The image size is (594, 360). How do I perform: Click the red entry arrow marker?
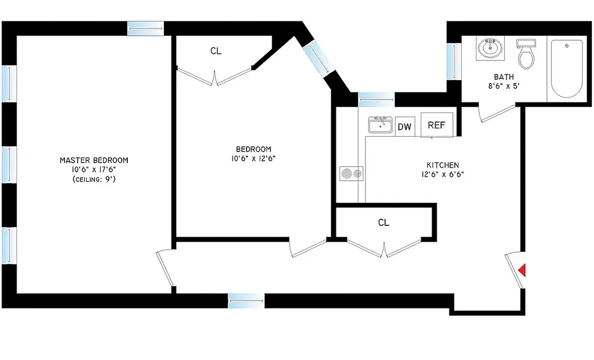[522, 270]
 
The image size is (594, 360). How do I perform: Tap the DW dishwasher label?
[405, 127]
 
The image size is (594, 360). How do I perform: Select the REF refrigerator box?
[436, 125]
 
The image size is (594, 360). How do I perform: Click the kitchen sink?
[380, 125]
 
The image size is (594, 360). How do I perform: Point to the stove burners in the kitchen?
[351, 173]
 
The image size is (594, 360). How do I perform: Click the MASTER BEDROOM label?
[94, 160]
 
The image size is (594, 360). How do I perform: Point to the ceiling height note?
[94, 179]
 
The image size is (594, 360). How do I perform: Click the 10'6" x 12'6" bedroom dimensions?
[254, 158]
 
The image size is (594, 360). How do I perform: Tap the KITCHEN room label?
[443, 165]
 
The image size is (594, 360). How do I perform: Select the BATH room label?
[504, 77]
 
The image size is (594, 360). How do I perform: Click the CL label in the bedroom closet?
[216, 51]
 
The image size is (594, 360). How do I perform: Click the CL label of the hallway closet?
[384, 222]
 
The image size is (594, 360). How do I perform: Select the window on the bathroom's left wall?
[454, 61]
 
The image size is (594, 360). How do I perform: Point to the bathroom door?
[496, 113]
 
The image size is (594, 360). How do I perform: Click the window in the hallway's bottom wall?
[246, 301]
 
